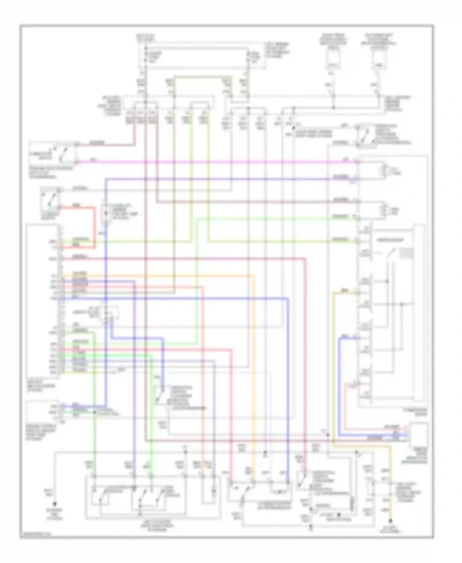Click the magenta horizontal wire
pos(216,162)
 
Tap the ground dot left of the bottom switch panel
pos(55,504)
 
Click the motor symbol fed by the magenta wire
pos(385,170)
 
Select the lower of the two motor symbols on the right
pos(385,211)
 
